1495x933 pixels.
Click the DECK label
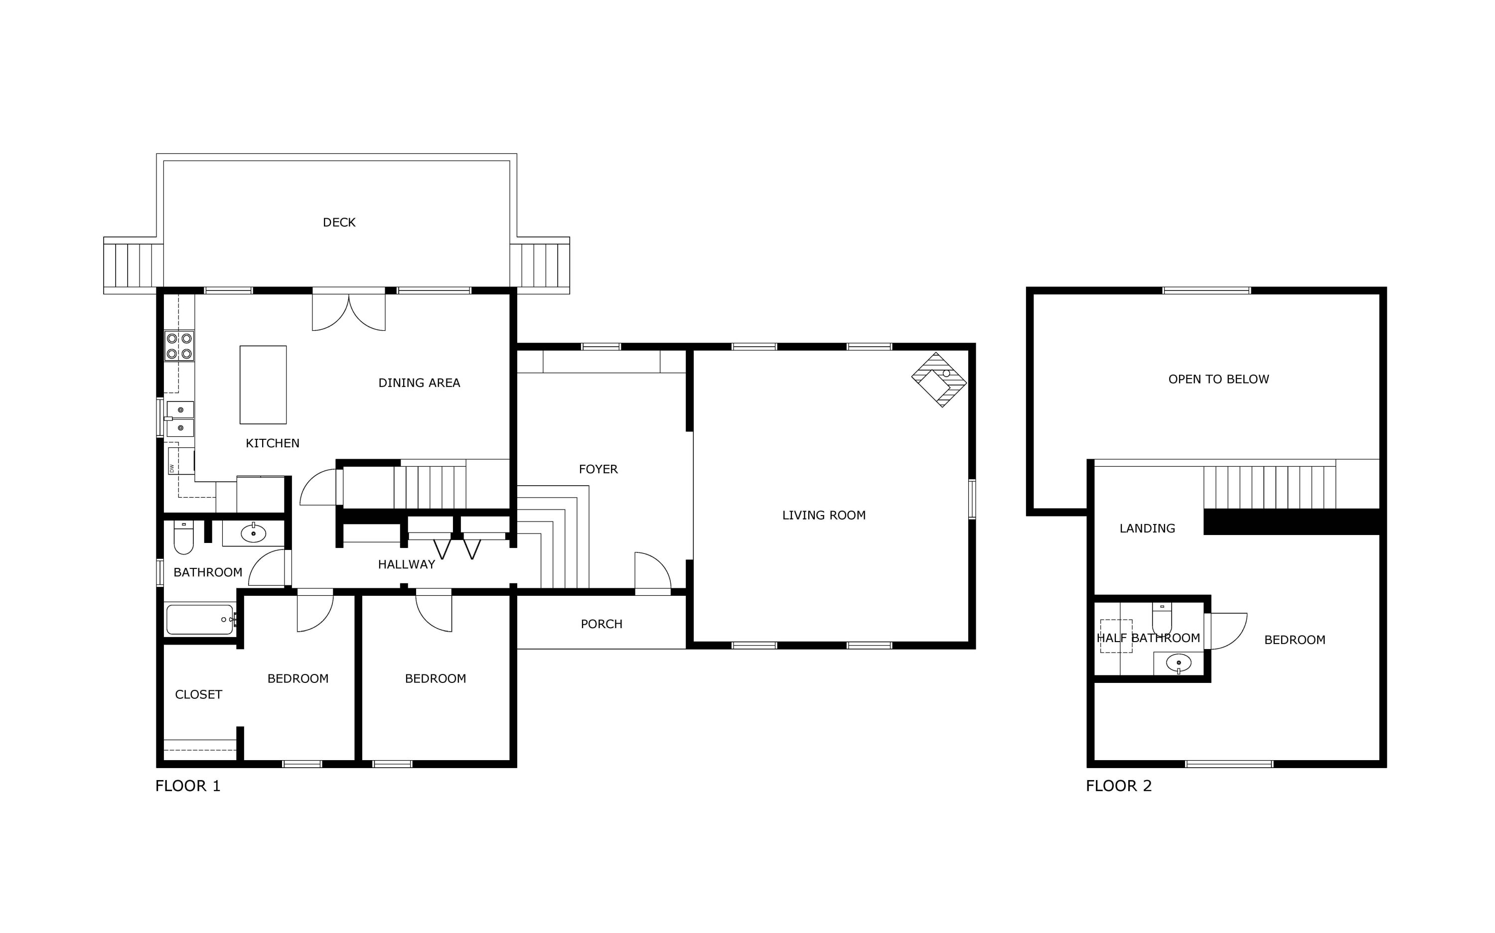339,222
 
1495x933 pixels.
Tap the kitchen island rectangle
263,385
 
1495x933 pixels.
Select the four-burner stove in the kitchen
179,346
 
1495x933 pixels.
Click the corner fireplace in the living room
939,380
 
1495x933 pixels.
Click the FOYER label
598,469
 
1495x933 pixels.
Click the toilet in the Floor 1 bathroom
184,537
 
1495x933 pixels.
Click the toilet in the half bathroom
1162,618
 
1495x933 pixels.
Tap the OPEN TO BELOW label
1218,380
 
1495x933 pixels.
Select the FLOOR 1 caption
188,786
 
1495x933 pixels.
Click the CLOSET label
198,695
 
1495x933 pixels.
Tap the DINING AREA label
419,383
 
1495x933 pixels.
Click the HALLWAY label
406,564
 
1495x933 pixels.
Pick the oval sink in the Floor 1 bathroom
253,533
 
